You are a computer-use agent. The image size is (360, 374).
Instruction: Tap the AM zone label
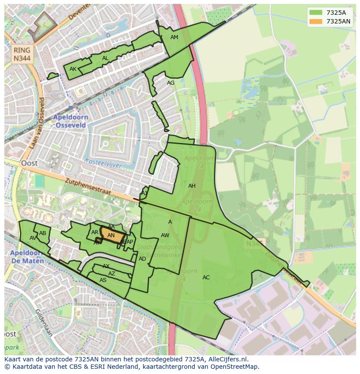click(x=174, y=37)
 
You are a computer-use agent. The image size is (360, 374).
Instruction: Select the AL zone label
click(x=105, y=58)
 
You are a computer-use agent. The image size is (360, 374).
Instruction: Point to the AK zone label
click(x=73, y=69)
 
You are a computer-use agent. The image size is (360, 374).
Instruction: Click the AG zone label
click(x=170, y=83)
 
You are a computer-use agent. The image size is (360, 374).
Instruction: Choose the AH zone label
click(x=192, y=186)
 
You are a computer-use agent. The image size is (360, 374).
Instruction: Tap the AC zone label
click(x=206, y=278)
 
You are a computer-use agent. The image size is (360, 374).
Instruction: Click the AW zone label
click(x=165, y=235)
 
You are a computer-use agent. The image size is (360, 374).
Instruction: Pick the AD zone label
click(x=142, y=259)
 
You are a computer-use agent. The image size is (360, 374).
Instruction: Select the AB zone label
click(x=43, y=233)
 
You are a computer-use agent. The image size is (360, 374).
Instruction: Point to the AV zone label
click(x=33, y=238)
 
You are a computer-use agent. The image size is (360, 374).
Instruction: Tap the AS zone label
click(x=103, y=280)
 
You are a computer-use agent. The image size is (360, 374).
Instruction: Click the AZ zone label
click(x=112, y=274)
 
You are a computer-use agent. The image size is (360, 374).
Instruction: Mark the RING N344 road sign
click(x=22, y=54)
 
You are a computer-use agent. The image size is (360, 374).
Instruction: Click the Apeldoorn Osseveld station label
click(x=70, y=121)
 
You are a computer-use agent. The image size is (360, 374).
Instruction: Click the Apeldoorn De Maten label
click(x=27, y=257)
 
